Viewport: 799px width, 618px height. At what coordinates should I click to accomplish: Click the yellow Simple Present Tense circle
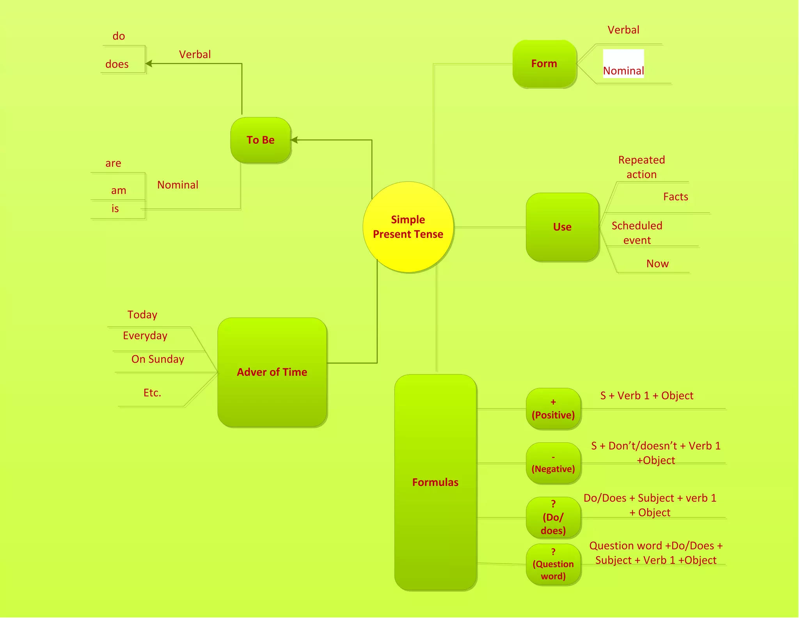(x=408, y=227)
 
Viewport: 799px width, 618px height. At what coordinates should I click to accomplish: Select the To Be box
(x=261, y=140)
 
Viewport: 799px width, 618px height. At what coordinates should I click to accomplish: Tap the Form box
(x=544, y=64)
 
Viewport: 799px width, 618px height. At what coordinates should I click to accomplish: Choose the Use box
(x=562, y=227)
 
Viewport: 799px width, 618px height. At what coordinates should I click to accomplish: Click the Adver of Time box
(x=272, y=372)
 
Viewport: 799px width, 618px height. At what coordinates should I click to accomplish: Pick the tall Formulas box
(x=435, y=482)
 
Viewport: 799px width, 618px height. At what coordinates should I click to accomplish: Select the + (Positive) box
(x=553, y=409)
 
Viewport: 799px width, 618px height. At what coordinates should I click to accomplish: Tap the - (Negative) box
(x=553, y=463)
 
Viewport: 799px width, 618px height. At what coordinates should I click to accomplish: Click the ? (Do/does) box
(x=553, y=518)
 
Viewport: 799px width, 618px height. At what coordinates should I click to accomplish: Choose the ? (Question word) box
(x=553, y=565)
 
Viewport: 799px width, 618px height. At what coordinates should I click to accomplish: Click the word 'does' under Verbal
(x=117, y=64)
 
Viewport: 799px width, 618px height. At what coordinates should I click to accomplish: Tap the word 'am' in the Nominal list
(x=119, y=191)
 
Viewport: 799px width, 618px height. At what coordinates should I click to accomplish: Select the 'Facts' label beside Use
(x=675, y=197)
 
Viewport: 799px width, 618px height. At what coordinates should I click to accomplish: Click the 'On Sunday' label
(x=158, y=359)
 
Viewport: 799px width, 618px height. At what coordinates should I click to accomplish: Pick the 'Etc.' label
(x=152, y=393)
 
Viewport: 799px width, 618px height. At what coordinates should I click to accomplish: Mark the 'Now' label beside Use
(x=657, y=264)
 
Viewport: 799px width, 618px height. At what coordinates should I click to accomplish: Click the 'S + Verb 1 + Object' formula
(x=646, y=396)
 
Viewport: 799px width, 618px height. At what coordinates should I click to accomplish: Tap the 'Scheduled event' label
(x=637, y=233)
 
